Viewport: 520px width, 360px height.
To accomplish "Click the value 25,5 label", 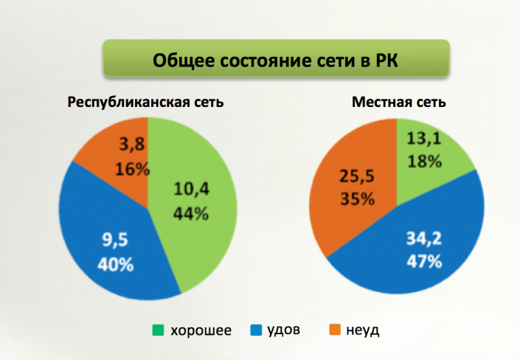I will [x=355, y=176].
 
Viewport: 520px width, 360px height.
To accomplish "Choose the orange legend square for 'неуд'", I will [x=332, y=330].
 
